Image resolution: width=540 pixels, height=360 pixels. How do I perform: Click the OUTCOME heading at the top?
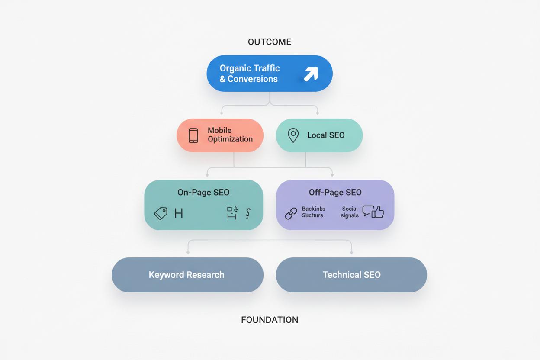point(269,42)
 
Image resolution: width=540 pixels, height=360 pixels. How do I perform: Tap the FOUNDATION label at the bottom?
point(270,320)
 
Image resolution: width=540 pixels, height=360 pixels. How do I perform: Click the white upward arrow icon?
point(311,74)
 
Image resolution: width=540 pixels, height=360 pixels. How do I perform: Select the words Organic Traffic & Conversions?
point(250,74)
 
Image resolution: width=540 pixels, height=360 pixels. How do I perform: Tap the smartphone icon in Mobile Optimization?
point(193,135)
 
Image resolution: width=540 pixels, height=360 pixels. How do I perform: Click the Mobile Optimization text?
point(230,135)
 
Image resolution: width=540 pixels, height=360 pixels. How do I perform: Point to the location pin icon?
point(293,135)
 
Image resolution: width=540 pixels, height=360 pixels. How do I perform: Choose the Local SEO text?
point(326,135)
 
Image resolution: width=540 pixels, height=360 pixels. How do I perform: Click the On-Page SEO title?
point(203,193)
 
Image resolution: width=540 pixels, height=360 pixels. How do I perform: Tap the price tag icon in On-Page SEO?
point(161,213)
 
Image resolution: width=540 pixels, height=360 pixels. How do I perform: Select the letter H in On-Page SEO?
point(178,213)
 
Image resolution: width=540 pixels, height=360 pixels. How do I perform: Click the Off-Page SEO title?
point(335,193)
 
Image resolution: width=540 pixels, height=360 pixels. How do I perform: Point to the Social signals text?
point(350,212)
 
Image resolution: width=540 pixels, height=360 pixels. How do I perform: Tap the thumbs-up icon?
point(378,212)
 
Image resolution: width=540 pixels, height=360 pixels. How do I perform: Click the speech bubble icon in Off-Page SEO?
point(368,211)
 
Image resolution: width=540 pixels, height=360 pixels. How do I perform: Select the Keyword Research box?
point(187,275)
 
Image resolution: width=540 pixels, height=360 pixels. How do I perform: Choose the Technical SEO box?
point(351,275)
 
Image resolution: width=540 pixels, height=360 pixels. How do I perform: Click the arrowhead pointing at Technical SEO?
point(351,252)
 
